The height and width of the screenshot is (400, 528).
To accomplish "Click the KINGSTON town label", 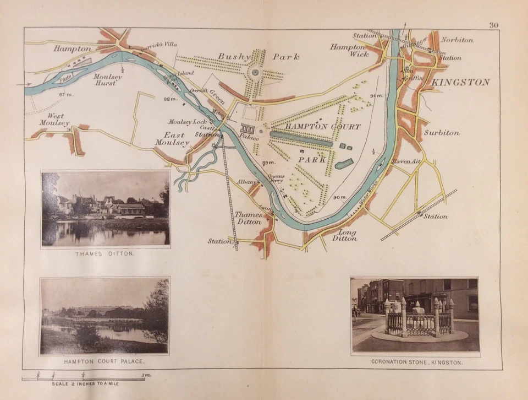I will point(461,82).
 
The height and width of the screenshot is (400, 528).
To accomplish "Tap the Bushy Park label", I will point(258,56).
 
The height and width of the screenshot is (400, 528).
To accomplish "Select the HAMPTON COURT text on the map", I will point(323,127).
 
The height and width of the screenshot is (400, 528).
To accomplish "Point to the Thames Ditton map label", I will point(249,218).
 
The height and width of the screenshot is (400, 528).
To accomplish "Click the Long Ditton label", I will point(345,235).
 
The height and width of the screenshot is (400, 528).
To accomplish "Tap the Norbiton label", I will point(457,40).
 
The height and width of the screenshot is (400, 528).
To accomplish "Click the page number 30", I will point(493,24).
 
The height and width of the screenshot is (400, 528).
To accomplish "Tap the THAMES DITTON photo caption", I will point(105,254).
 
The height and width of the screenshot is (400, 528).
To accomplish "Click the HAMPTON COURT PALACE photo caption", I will point(104,361).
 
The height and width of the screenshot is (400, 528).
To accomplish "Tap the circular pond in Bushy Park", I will point(255,73).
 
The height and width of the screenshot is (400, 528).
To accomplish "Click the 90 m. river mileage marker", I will point(339,197).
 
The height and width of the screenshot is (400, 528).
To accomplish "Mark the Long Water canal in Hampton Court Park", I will point(301,138).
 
